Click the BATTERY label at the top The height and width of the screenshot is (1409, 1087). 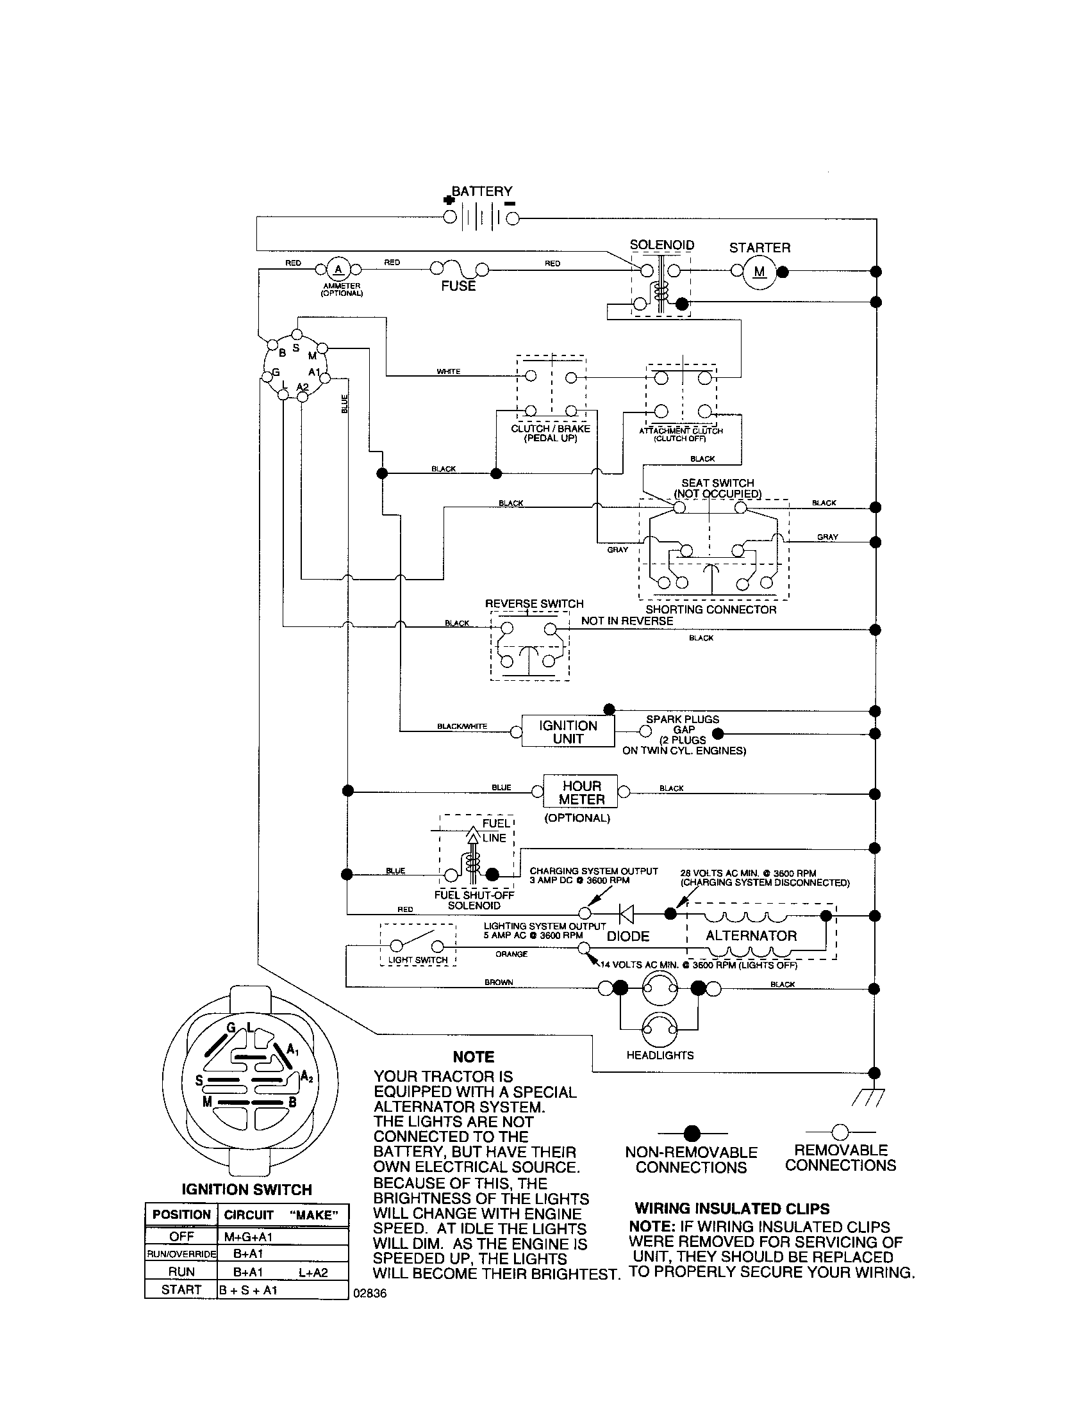point(481,191)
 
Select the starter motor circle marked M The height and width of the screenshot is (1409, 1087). point(759,272)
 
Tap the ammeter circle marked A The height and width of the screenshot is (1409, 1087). point(338,269)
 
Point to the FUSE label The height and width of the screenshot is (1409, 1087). point(458,286)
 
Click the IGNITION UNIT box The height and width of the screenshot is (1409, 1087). point(567,731)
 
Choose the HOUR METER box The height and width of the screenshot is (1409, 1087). point(580,792)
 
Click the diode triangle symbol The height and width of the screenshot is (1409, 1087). point(626,913)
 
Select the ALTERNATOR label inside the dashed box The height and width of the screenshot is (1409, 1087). point(751,936)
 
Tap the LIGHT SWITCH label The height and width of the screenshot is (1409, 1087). point(418,959)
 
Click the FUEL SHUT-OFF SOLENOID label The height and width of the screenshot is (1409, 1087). point(474,900)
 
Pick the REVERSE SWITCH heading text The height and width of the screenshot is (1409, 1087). point(534,604)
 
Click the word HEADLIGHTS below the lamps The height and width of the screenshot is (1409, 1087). point(660,1055)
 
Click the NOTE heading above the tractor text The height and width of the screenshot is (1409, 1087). point(473,1057)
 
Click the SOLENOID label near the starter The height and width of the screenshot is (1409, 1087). point(661,245)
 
